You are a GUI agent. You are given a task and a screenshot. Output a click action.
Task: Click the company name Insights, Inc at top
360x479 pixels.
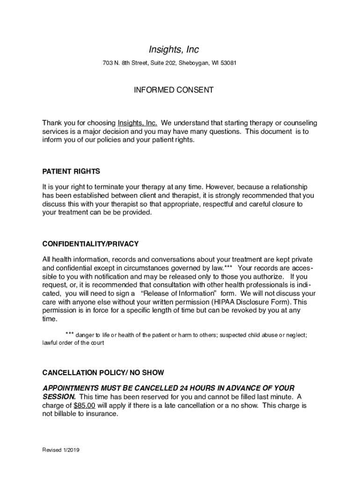(173, 50)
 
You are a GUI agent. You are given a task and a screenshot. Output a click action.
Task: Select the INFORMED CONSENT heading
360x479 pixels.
(173, 90)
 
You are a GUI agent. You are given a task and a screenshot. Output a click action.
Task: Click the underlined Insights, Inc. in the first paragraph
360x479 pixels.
(137, 123)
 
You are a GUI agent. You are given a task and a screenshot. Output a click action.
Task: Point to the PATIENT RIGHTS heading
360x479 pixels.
(71, 172)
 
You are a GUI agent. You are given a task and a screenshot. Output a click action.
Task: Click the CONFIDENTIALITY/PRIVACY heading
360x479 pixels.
(90, 244)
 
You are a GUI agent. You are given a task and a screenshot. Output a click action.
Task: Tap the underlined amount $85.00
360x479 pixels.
(85, 406)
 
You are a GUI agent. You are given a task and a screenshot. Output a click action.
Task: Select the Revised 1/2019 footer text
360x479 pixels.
(61, 450)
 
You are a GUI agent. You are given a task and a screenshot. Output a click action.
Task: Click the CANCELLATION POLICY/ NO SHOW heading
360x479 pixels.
(103, 373)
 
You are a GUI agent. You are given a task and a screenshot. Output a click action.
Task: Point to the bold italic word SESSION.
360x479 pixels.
(59, 397)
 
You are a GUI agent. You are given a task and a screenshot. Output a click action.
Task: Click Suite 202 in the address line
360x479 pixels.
(160, 63)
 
